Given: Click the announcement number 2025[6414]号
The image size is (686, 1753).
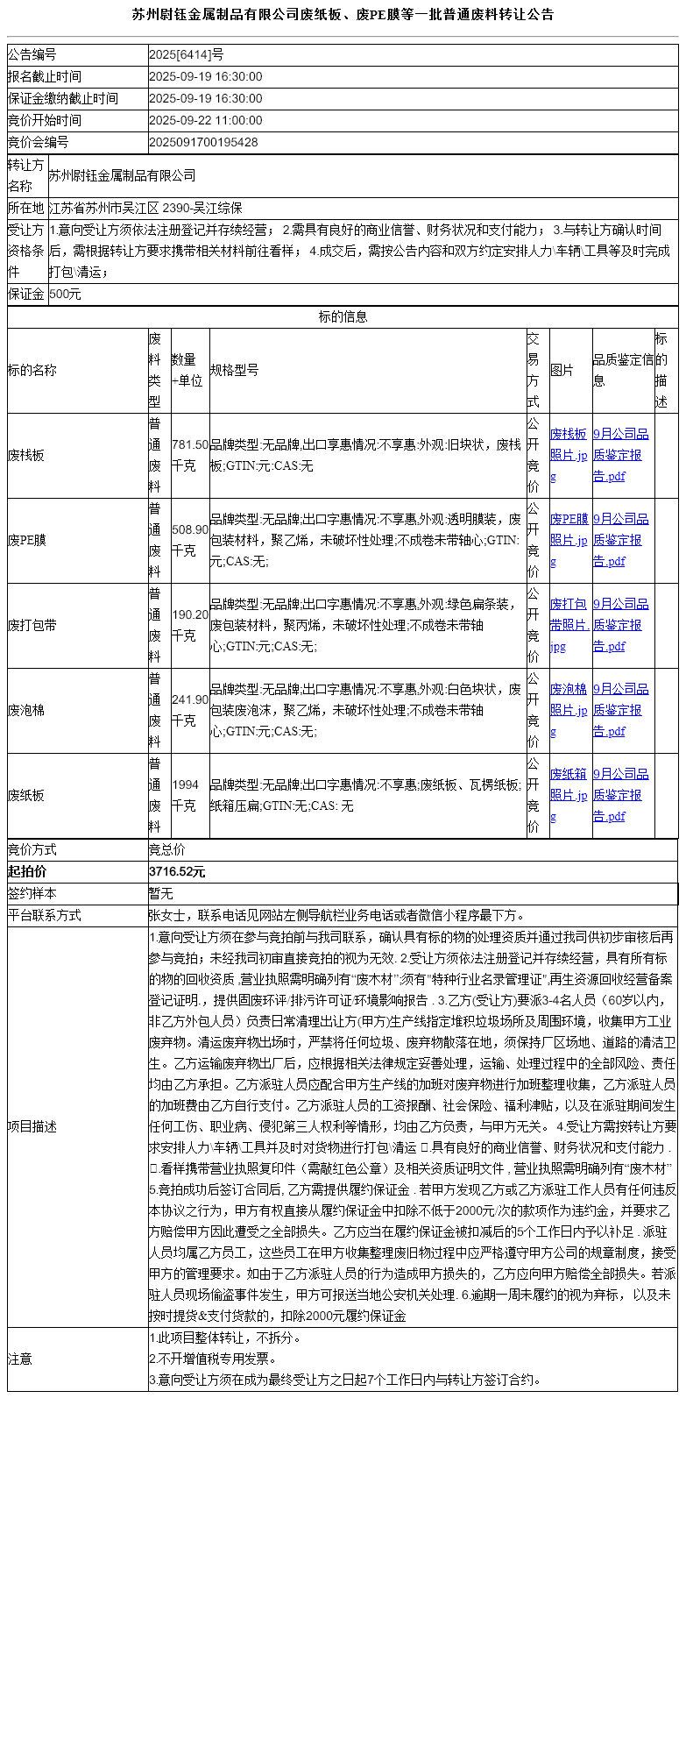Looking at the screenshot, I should pyautogui.click(x=186, y=55).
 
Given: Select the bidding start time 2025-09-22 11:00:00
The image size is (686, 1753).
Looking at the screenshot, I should pyautogui.click(x=206, y=121).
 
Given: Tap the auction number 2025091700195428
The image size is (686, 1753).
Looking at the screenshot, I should pyautogui.click(x=203, y=142).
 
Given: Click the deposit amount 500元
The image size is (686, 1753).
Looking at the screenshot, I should pyautogui.click(x=65, y=295).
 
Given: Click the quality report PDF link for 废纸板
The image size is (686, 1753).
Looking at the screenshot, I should pyautogui.click(x=621, y=795).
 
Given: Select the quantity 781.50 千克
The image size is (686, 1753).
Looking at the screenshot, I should pyautogui.click(x=189, y=456).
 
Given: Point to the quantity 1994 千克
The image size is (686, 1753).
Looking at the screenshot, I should pyautogui.click(x=186, y=796).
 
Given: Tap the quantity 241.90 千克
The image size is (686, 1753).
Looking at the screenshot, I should pyautogui.click(x=189, y=711).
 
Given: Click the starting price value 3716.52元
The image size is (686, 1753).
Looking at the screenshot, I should pyautogui.click(x=177, y=872).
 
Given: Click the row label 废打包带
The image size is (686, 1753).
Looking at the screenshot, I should pyautogui.click(x=32, y=626).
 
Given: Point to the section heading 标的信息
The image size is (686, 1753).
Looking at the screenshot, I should pyautogui.click(x=343, y=317).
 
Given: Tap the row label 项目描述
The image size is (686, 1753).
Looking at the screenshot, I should pyautogui.click(x=32, y=1127).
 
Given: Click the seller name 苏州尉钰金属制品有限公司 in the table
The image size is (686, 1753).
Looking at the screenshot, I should pyautogui.click(x=122, y=176).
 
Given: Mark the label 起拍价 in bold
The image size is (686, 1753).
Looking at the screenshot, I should pyautogui.click(x=27, y=872).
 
